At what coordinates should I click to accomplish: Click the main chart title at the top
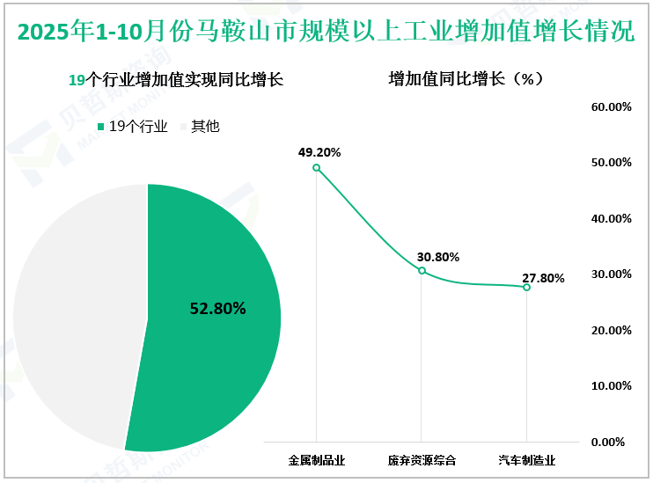(326, 33)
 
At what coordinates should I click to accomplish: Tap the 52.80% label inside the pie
(218, 309)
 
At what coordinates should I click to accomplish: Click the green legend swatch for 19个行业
(101, 127)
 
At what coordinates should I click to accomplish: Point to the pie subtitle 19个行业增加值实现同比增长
(176, 80)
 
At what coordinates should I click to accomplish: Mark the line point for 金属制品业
(317, 167)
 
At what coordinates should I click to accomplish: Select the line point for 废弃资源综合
(422, 271)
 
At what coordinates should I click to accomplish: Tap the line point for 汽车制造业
(526, 287)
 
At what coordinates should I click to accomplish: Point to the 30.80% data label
(437, 257)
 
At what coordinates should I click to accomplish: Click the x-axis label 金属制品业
(317, 460)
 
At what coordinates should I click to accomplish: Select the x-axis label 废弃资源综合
(422, 460)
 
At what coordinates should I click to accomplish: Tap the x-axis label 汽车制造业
(526, 460)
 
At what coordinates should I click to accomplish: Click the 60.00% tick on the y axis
(612, 106)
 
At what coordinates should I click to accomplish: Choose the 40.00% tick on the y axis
(612, 218)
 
